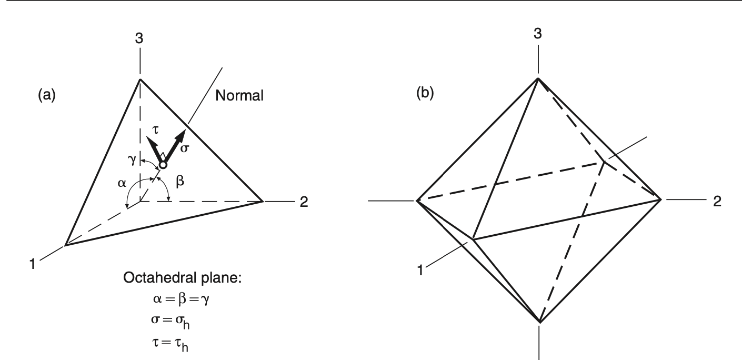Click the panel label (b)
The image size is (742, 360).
(x=425, y=95)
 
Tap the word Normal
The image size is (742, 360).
(x=237, y=96)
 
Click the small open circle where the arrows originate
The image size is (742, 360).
(x=163, y=165)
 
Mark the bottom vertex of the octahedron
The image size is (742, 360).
(x=539, y=321)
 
